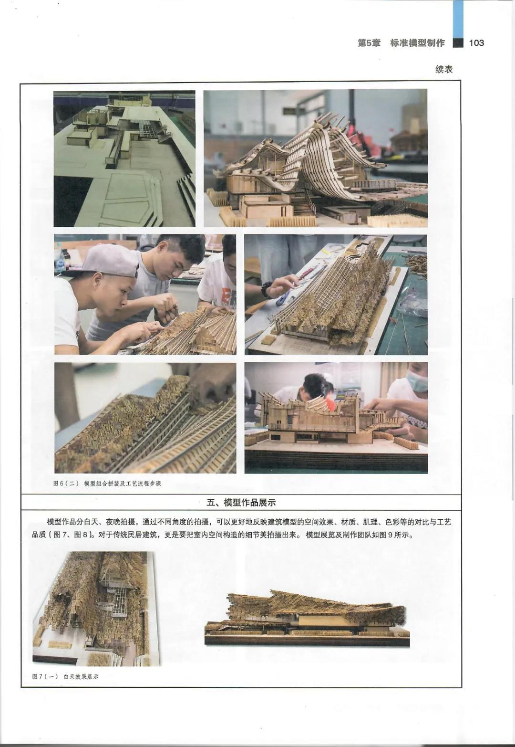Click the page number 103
click(x=476, y=42)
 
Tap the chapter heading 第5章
click(x=369, y=43)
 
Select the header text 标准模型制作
click(x=417, y=43)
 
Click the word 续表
click(x=444, y=69)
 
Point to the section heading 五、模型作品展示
click(x=241, y=502)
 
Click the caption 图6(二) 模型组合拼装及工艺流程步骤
click(x=107, y=483)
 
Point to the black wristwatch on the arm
click(x=267, y=289)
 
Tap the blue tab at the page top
click(x=458, y=17)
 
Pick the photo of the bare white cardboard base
click(x=124, y=158)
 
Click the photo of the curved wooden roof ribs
click(x=316, y=158)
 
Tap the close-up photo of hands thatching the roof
click(x=145, y=418)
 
